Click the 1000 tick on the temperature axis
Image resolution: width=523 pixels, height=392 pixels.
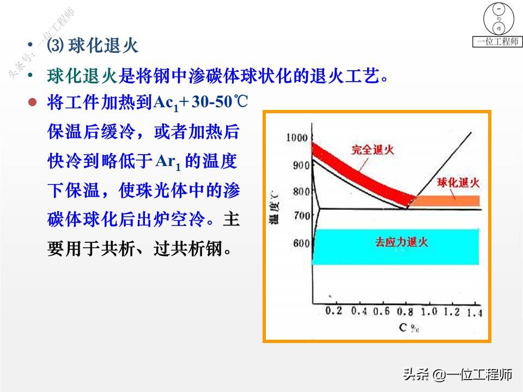click(x=297, y=138)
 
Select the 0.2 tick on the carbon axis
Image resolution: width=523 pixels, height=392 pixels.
click(x=333, y=311)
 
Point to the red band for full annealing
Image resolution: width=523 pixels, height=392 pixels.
click(x=354, y=169)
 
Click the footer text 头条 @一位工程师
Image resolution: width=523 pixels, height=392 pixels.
click(x=457, y=375)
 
